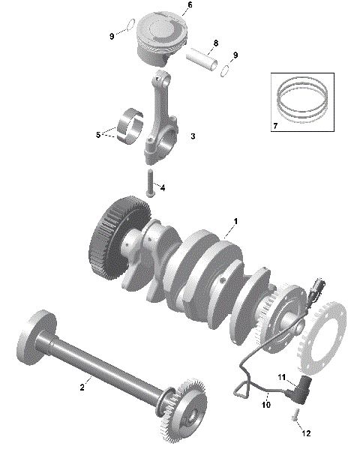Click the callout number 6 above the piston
pyautogui.click(x=189, y=5)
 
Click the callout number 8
pyautogui.click(x=215, y=43)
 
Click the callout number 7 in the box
pyautogui.click(x=275, y=124)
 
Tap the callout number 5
pyautogui.click(x=97, y=135)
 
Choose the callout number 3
pyautogui.click(x=193, y=136)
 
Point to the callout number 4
pyautogui.click(x=162, y=187)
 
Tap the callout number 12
pyautogui.click(x=306, y=433)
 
